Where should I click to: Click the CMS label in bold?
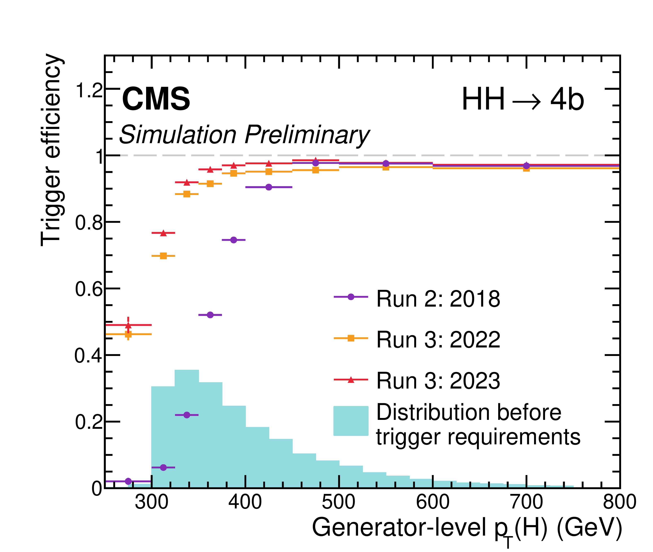(156, 99)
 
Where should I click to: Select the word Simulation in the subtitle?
(178, 135)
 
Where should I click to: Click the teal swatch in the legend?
(351, 421)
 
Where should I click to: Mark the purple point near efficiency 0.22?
(187, 415)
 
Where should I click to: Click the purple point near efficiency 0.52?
(210, 315)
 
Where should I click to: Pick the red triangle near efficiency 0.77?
(163, 233)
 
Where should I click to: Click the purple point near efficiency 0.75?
(234, 240)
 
